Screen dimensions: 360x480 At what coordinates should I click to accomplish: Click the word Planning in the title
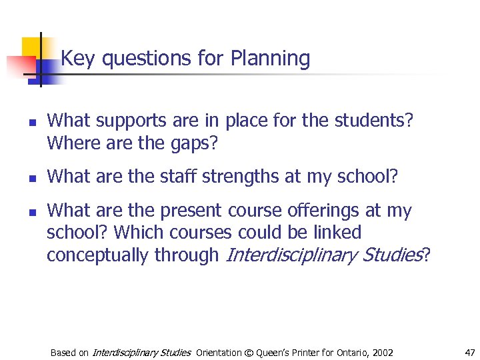[270, 59]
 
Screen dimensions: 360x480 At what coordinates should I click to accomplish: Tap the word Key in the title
[77, 59]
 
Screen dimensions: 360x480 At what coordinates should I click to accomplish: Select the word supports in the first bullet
[127, 121]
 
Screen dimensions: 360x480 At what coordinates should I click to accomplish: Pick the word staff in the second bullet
[179, 177]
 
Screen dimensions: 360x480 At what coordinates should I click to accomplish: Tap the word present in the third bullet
[191, 211]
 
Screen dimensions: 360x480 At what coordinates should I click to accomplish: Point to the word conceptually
[98, 255]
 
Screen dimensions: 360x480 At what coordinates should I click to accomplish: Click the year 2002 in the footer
[382, 352]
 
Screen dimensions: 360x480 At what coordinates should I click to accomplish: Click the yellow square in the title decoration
[31, 47]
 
